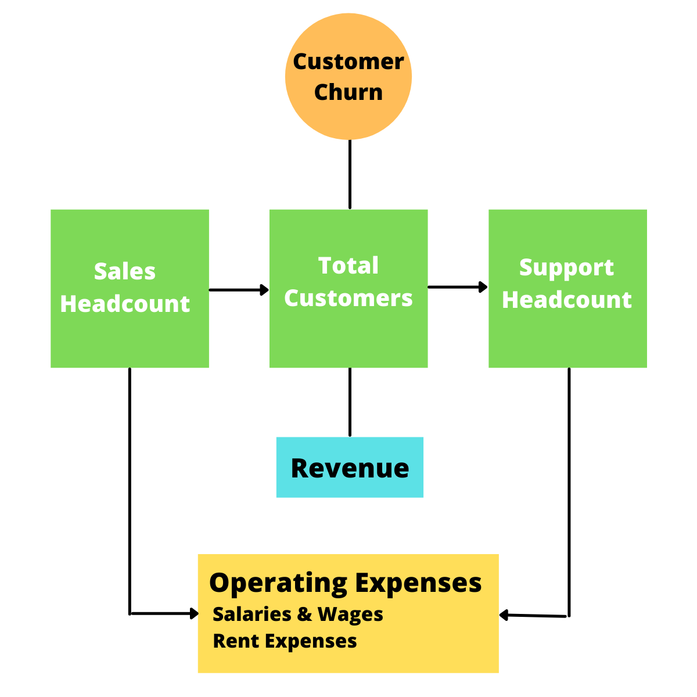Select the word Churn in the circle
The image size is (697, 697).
(x=348, y=92)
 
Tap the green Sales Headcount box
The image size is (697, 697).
(x=130, y=337)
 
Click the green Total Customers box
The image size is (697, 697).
(x=348, y=337)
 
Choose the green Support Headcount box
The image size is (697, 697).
(x=567, y=337)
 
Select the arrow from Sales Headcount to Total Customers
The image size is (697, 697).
(x=238, y=289)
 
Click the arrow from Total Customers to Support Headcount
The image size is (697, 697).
(x=457, y=287)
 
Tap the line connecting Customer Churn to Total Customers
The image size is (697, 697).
(x=350, y=174)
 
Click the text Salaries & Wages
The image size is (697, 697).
(x=298, y=615)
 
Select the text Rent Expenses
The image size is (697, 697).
(x=285, y=641)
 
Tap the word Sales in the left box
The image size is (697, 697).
(x=125, y=272)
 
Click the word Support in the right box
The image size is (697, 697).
(x=566, y=268)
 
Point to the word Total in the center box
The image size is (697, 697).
(x=348, y=266)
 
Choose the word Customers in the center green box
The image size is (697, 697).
(x=348, y=299)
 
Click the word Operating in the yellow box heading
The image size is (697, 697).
(x=279, y=583)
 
